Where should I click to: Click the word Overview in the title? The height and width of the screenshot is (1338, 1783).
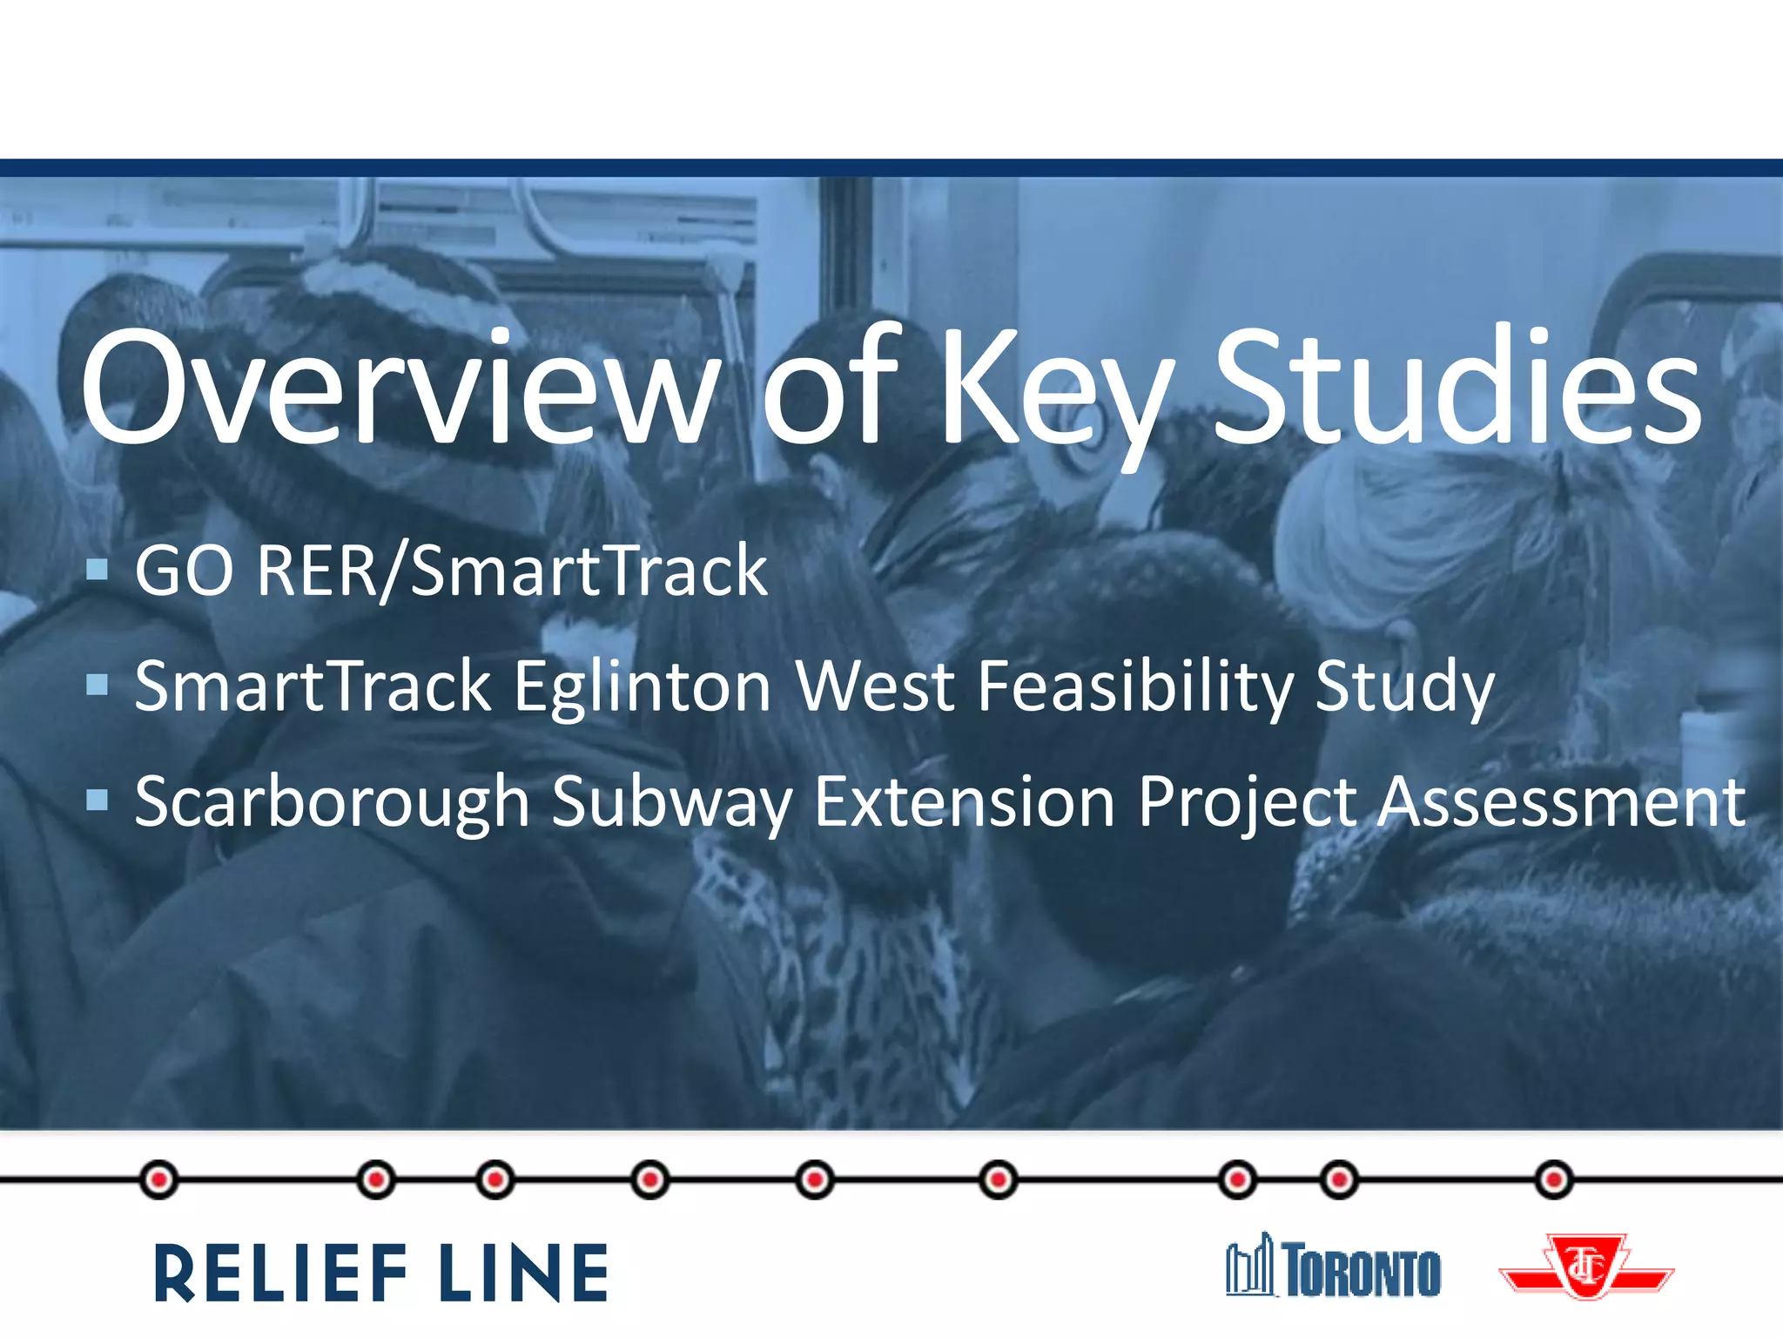(x=400, y=388)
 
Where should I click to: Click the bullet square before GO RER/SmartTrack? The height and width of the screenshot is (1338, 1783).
(x=98, y=571)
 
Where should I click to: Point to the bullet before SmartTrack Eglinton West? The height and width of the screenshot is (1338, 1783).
(x=98, y=686)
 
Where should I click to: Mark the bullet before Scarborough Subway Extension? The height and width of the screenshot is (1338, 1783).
(x=98, y=801)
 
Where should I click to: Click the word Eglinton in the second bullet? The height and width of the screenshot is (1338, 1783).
(x=643, y=688)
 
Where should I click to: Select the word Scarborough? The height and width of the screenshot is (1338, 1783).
(x=332, y=803)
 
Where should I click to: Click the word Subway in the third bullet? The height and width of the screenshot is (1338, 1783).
(x=672, y=803)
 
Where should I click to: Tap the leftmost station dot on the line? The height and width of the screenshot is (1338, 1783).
(x=158, y=1180)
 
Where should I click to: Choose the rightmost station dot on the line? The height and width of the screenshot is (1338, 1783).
(x=1553, y=1180)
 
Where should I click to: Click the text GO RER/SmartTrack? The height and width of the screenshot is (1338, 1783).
(x=451, y=571)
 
